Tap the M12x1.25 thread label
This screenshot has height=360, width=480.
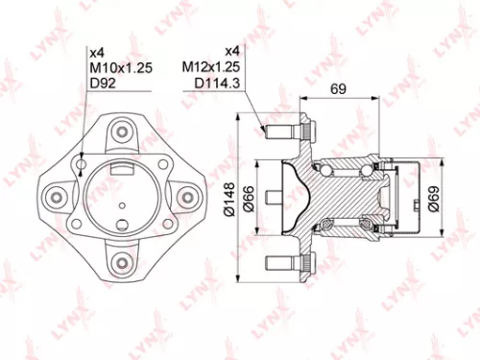[x=210, y=67]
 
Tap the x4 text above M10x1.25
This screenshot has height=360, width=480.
[x=96, y=52]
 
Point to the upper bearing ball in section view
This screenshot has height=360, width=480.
[x=365, y=171]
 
